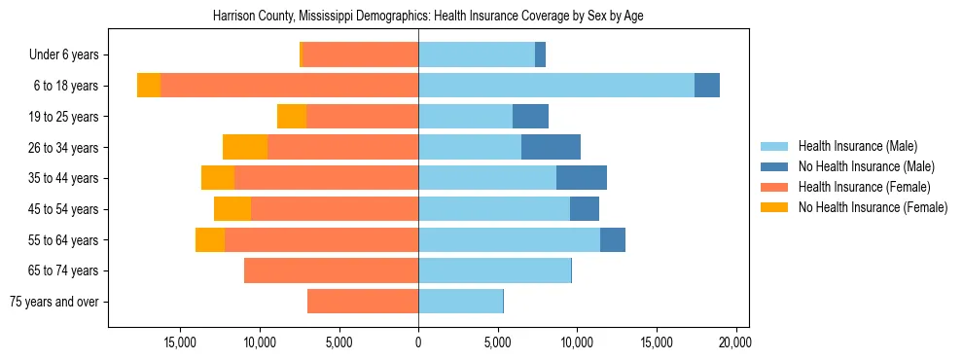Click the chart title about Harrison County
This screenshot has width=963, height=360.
tap(428, 17)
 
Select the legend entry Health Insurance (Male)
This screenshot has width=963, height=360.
tap(857, 147)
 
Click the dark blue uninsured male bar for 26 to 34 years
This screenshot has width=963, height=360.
tap(551, 147)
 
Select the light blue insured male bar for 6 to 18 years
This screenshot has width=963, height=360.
tap(556, 86)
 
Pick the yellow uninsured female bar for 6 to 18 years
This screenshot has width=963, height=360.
tap(149, 86)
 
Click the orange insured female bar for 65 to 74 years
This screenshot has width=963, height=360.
tap(331, 270)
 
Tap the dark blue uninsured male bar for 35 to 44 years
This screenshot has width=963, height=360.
tap(582, 178)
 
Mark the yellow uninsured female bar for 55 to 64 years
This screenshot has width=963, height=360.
tap(210, 239)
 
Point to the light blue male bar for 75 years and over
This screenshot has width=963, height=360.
tap(460, 302)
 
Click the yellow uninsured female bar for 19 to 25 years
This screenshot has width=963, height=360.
tap(292, 117)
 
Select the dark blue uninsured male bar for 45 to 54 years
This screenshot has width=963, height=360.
tap(585, 209)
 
